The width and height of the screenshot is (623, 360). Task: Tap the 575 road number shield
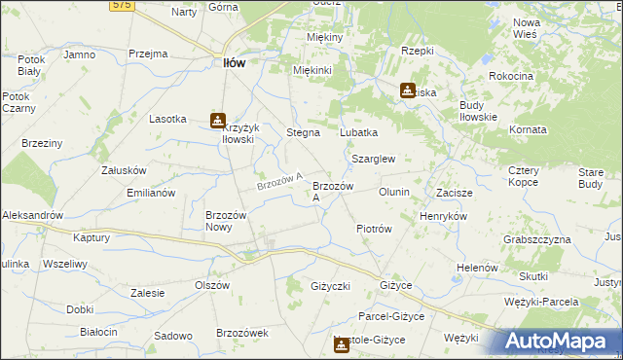click(121, 5)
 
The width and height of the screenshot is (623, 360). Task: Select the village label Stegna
click(303, 131)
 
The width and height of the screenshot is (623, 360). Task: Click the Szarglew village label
click(373, 158)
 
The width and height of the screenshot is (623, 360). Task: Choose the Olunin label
click(394, 192)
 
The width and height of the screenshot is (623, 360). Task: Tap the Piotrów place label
click(374, 229)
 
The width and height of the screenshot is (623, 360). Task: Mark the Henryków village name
click(443, 215)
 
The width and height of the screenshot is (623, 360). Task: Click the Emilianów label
click(150, 192)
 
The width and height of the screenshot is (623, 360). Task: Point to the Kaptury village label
click(91, 236)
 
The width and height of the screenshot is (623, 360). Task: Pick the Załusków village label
click(124, 169)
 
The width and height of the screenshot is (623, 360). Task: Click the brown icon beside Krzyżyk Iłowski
click(216, 121)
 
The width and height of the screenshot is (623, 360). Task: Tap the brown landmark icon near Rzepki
click(407, 90)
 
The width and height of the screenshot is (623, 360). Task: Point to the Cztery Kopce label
click(531, 176)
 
